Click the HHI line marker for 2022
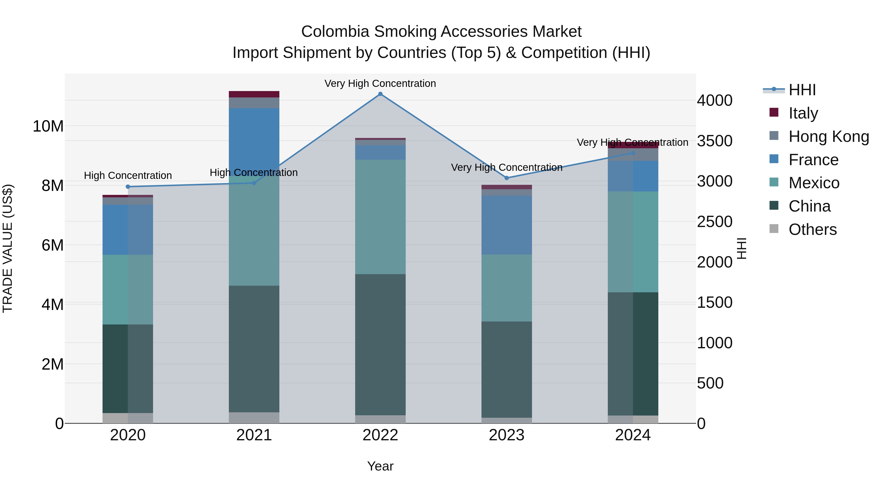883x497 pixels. pyautogui.click(x=380, y=94)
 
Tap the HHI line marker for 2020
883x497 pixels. pyautogui.click(x=128, y=187)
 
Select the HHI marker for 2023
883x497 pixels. pyautogui.click(x=507, y=178)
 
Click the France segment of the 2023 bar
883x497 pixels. pyautogui.click(x=507, y=225)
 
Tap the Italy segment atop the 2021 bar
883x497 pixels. pyautogui.click(x=254, y=94)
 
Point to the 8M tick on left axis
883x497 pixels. pyautogui.click(x=52, y=186)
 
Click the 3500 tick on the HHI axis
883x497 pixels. pyautogui.click(x=715, y=141)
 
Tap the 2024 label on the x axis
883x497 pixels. pyautogui.click(x=633, y=435)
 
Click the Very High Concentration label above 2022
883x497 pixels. pyautogui.click(x=380, y=84)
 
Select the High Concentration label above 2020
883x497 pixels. pyautogui.click(x=128, y=176)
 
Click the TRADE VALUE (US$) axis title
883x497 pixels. pyautogui.click(x=8, y=248)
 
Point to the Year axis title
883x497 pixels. pyautogui.click(x=380, y=466)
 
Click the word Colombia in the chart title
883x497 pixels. pyautogui.click(x=335, y=32)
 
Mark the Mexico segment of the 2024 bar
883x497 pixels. pyautogui.click(x=633, y=242)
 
